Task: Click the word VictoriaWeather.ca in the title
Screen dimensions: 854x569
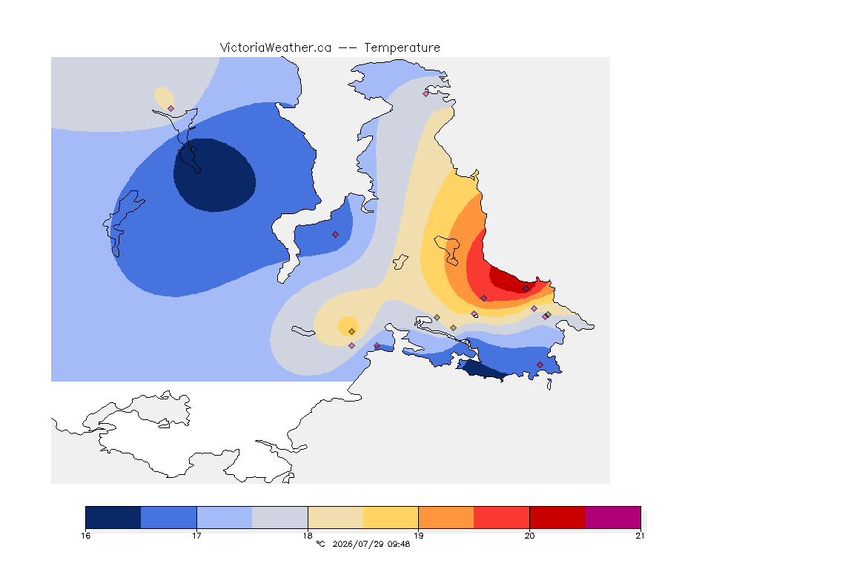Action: (x=276, y=48)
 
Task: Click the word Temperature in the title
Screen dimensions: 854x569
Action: (x=402, y=48)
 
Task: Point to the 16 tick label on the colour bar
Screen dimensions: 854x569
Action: (x=85, y=536)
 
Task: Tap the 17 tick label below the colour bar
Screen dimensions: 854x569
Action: (x=196, y=536)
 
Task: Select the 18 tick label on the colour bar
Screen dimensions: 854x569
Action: (x=308, y=536)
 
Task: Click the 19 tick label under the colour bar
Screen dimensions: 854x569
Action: (x=418, y=536)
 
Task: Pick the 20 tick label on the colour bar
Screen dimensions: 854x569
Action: (x=529, y=536)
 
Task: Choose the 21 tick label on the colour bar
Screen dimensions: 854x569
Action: (x=640, y=536)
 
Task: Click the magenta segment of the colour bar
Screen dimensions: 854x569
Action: (x=613, y=517)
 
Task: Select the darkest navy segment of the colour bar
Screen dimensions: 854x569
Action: (x=113, y=517)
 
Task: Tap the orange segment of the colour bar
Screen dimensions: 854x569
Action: (x=446, y=517)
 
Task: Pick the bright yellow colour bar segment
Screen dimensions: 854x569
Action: (x=391, y=517)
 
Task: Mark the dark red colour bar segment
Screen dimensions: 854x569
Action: (x=557, y=517)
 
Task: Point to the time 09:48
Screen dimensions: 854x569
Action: (x=399, y=544)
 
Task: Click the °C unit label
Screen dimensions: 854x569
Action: (x=320, y=544)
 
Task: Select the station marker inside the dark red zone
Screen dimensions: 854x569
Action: (x=526, y=289)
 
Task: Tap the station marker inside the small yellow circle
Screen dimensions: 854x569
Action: (x=352, y=332)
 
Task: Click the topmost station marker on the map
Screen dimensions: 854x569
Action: (x=426, y=93)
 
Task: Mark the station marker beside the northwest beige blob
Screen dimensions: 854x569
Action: (x=171, y=108)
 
